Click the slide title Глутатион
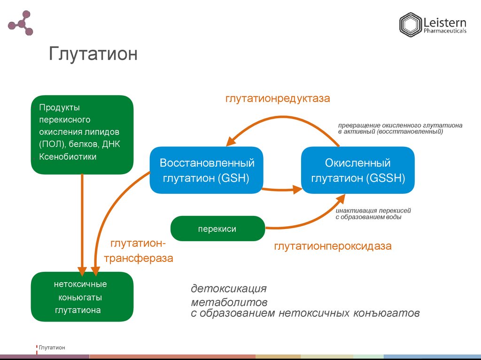pyautogui.click(x=93, y=54)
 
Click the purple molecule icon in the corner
pyautogui.click(x=21, y=23)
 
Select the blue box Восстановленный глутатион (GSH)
pyautogui.click(x=207, y=170)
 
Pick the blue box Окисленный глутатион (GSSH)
pyautogui.click(x=357, y=170)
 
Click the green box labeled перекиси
pyautogui.click(x=217, y=229)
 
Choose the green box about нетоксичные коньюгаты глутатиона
pyautogui.click(x=82, y=297)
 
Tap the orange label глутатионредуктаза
pyautogui.click(x=277, y=99)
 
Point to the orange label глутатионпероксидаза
pyautogui.click(x=333, y=246)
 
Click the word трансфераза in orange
pyautogui.click(x=138, y=258)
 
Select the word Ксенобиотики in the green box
pyautogui.click(x=68, y=157)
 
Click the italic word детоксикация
pyautogui.click(x=228, y=288)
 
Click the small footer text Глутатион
pyautogui.click(x=52, y=347)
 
